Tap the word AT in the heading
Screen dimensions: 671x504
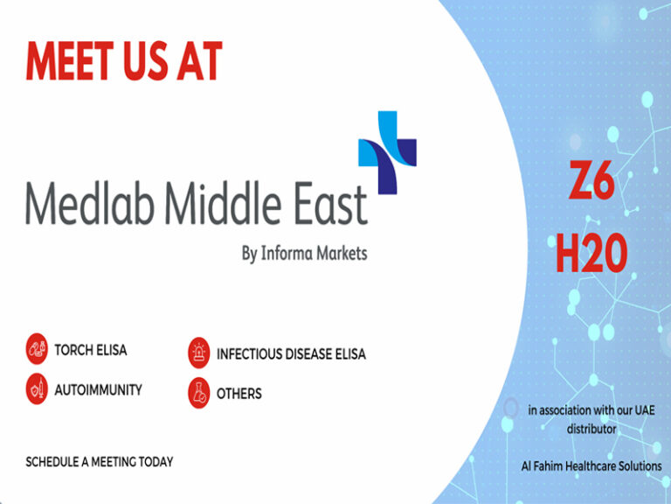click(200, 61)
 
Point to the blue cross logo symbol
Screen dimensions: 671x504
click(387, 152)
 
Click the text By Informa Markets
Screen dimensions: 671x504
click(304, 253)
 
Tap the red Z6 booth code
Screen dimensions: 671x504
click(591, 180)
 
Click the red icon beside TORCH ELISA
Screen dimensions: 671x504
click(37, 349)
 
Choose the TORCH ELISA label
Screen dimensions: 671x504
click(91, 350)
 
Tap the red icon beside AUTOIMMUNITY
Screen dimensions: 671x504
click(37, 388)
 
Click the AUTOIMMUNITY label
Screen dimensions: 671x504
click(99, 390)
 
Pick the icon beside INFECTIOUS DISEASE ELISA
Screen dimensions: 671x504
click(199, 353)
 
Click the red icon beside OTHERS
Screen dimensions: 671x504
click(199, 393)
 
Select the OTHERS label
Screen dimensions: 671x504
click(239, 394)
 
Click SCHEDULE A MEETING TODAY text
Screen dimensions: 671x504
click(100, 462)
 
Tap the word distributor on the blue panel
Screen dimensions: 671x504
click(591, 429)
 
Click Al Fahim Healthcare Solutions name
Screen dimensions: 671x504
click(591, 465)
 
